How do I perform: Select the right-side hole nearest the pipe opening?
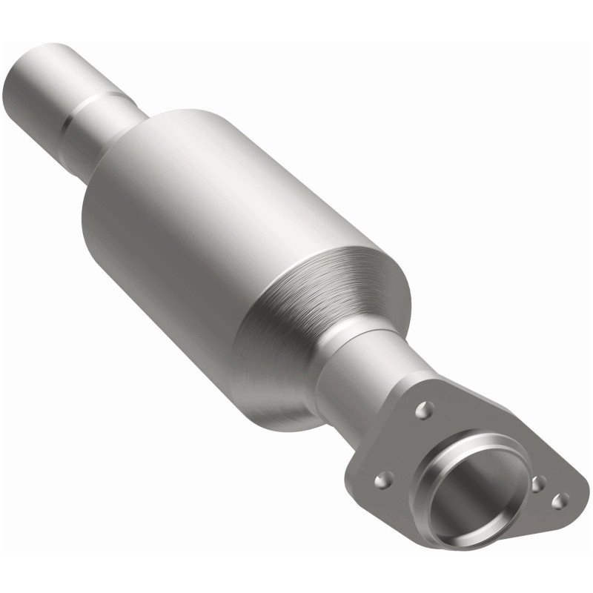539,484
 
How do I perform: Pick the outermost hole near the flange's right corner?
562,500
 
